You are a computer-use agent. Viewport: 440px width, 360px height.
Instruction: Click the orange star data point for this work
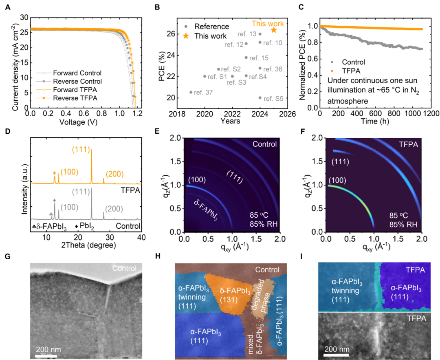(274, 30)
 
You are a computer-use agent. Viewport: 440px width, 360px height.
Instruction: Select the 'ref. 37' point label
(203, 93)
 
